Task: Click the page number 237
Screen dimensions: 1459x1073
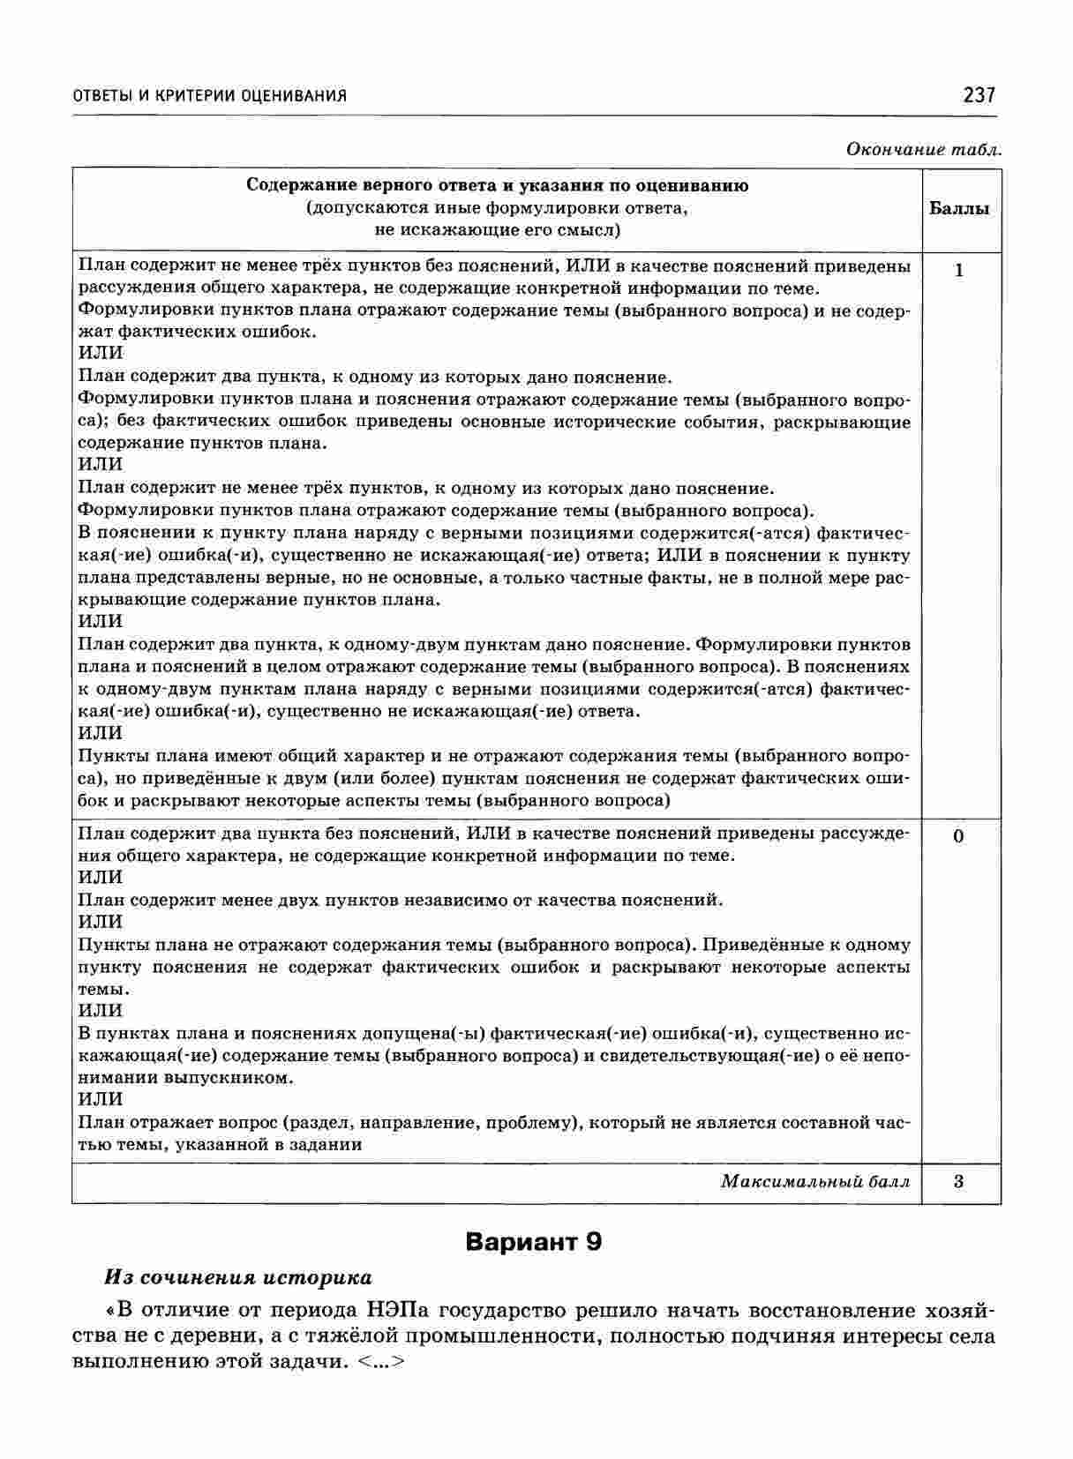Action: pos(979,94)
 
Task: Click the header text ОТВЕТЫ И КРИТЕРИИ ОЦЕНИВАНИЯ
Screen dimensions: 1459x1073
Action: pos(209,96)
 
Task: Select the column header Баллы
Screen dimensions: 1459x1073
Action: pos(959,209)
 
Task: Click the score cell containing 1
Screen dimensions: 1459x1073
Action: pos(959,271)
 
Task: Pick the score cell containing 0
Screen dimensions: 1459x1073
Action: pos(959,835)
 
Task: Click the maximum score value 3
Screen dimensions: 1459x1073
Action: pos(959,1181)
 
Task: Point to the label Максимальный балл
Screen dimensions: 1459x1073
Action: pos(814,1181)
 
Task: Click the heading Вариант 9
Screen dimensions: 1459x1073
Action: pos(534,1242)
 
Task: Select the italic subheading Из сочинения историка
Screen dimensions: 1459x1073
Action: pos(238,1277)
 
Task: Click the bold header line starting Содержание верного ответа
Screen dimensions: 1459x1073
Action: pos(497,186)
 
